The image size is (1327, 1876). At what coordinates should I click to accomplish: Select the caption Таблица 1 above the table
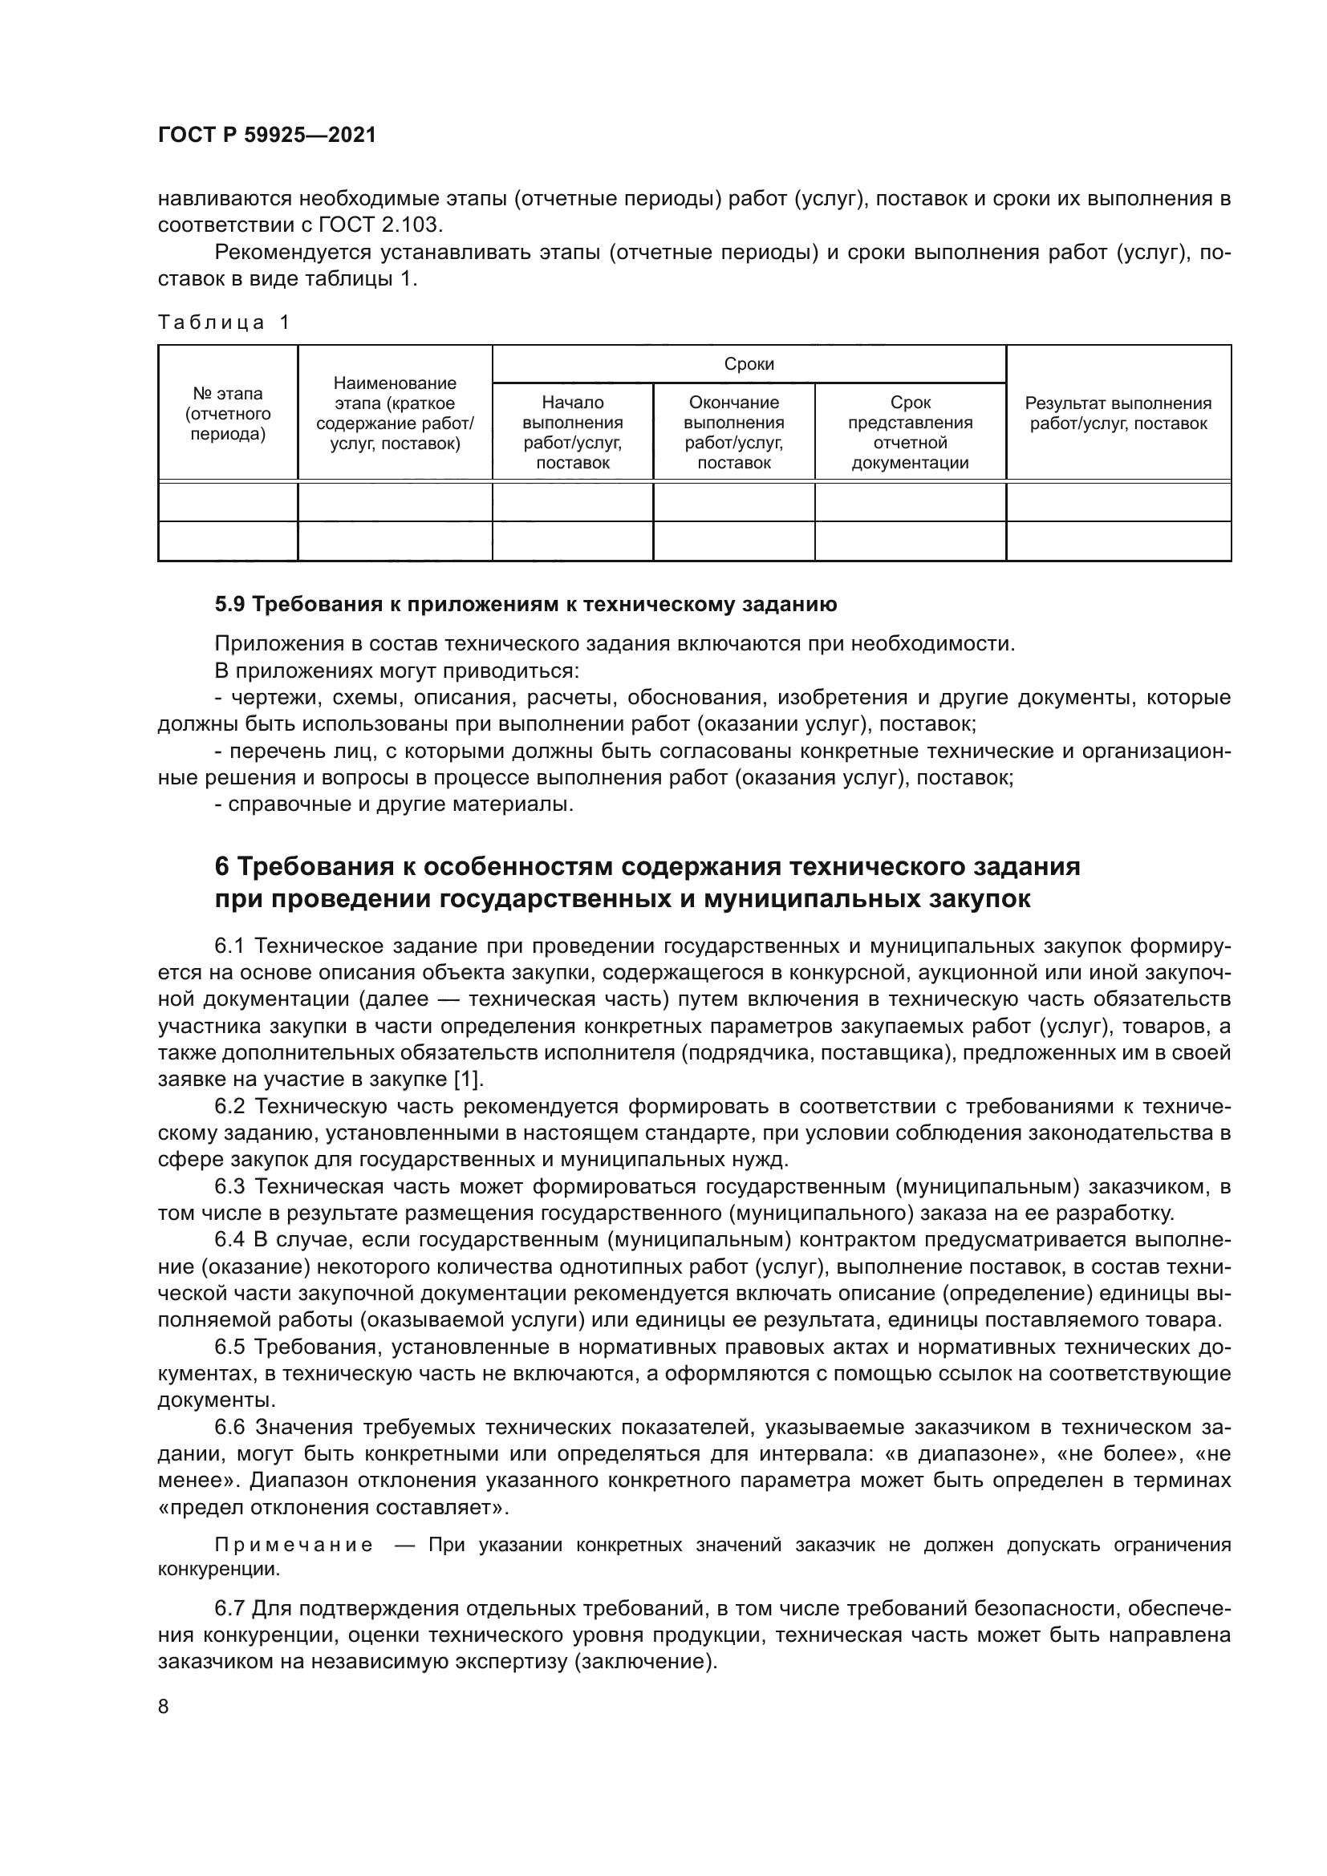click(224, 322)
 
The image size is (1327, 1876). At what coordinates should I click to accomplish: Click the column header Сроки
click(749, 364)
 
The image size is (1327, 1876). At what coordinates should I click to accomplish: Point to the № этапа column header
click(228, 413)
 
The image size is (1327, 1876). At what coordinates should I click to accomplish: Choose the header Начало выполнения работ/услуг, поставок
click(572, 432)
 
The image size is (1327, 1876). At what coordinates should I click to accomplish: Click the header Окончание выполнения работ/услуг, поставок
click(734, 432)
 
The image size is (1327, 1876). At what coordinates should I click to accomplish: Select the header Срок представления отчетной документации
click(910, 432)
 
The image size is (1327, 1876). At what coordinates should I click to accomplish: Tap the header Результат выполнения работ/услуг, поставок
click(1118, 413)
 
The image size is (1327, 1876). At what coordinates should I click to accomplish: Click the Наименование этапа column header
click(395, 413)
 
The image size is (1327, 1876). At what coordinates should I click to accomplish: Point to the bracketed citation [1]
click(469, 1080)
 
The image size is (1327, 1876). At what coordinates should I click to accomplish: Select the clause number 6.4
click(229, 1239)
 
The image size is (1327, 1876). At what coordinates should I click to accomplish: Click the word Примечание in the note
click(294, 1545)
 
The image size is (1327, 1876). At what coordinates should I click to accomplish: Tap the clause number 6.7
click(229, 1609)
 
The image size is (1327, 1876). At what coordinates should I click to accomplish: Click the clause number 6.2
click(229, 1106)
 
